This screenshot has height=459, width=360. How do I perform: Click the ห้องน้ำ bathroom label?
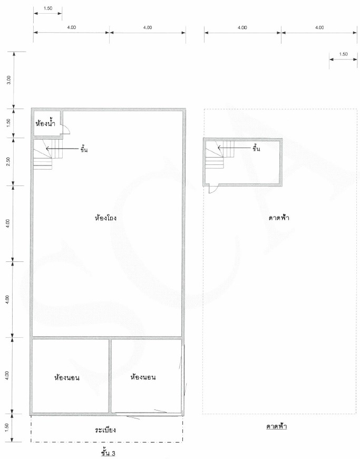point(45,123)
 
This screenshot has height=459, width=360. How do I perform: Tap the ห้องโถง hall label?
point(106,218)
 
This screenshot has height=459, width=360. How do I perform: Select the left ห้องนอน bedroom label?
point(67,377)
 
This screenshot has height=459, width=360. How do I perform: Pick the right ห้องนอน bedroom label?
point(143,377)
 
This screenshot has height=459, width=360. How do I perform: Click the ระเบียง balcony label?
point(105,429)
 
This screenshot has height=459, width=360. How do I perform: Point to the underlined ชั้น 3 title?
point(108,453)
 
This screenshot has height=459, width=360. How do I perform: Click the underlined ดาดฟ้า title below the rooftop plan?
point(277,426)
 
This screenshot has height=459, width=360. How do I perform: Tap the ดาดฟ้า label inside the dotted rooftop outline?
point(279,218)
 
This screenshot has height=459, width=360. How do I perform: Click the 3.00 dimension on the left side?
point(9,80)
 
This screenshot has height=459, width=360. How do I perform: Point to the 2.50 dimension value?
point(8,161)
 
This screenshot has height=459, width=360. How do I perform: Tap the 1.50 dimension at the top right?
point(343,54)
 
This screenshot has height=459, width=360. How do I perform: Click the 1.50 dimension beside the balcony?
point(7,427)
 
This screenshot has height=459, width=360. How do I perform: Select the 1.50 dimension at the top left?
point(48,8)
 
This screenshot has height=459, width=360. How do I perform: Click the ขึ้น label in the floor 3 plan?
point(84,150)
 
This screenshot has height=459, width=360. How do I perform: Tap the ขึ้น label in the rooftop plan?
point(256,149)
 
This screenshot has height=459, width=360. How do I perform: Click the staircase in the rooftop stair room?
point(219,154)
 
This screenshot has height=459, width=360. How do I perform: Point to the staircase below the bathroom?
point(48,154)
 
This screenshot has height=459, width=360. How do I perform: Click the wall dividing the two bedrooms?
point(110,376)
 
